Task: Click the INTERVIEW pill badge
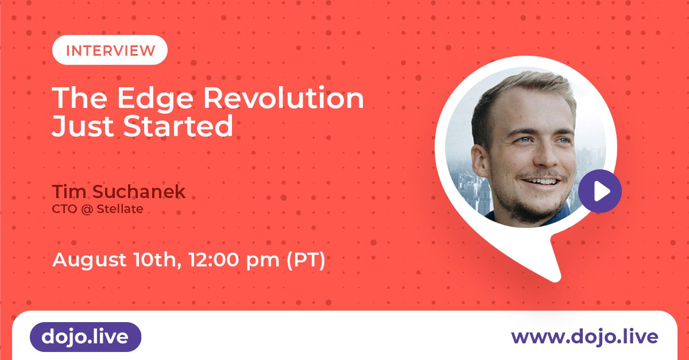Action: pos(110,50)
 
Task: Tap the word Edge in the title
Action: pos(155,99)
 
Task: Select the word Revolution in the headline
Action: pos(284,98)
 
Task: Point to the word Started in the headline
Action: pos(178,126)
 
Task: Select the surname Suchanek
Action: pos(139,191)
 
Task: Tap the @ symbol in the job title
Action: pos(87,209)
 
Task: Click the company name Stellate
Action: pos(120,209)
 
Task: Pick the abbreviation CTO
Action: pos(64,209)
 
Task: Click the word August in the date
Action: pos(89,260)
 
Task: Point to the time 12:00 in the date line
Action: pos(214,260)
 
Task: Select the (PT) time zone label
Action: pos(305,260)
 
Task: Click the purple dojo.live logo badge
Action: pos(86,337)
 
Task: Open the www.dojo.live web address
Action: pos(585,337)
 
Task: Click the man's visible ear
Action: pos(481,160)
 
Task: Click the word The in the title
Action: pos(80,98)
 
